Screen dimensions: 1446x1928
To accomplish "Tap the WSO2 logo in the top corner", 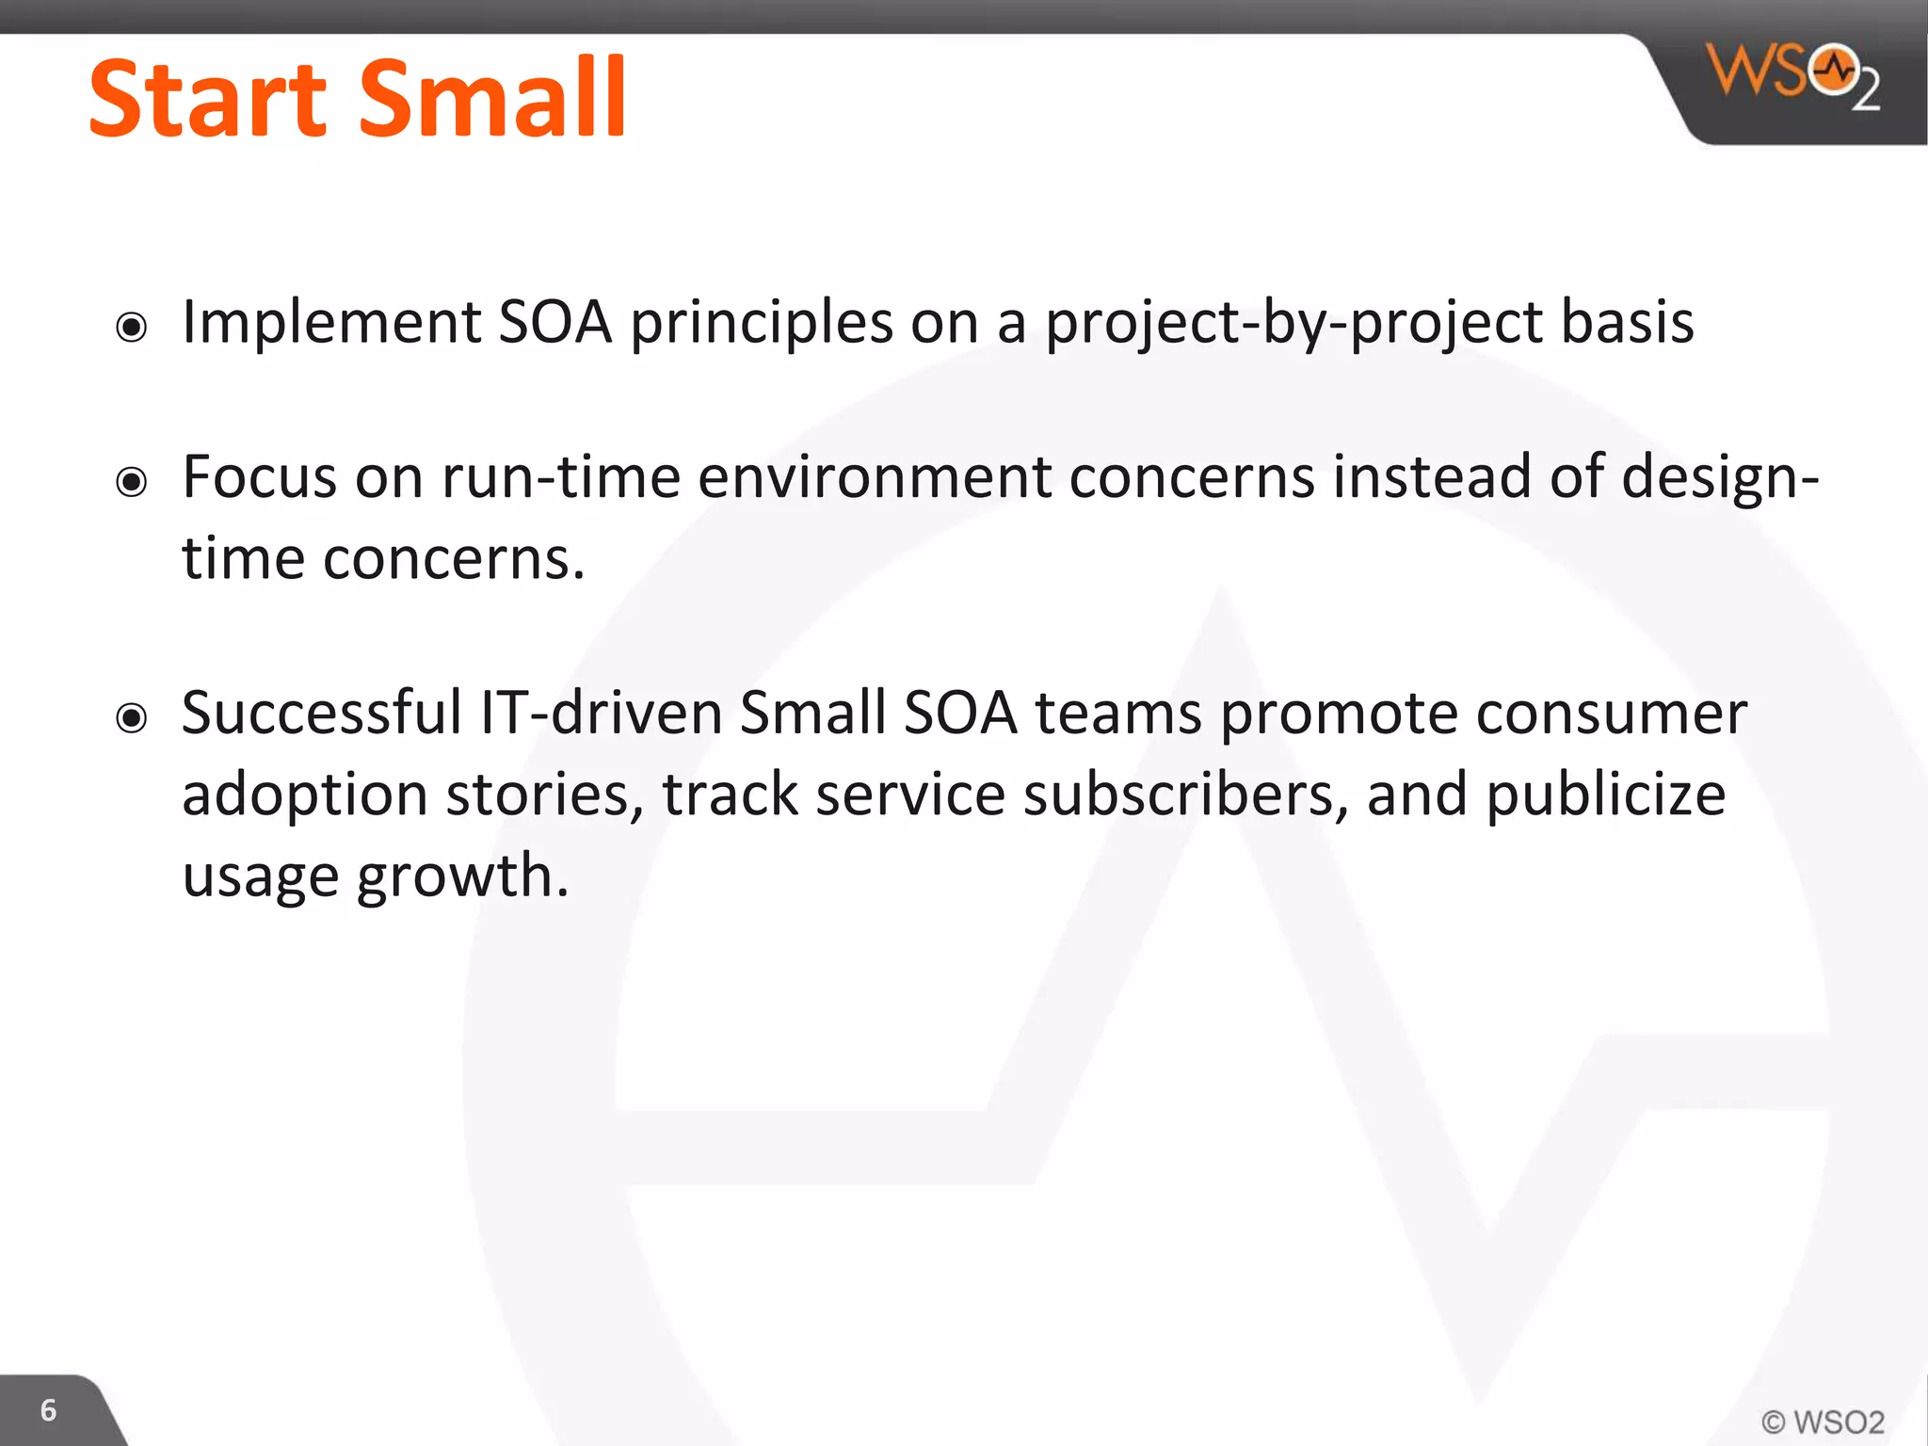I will point(1791,75).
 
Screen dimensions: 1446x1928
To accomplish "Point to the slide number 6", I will point(48,1409).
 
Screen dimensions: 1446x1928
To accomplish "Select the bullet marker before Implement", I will point(132,328).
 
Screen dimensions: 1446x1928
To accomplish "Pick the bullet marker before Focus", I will point(132,482).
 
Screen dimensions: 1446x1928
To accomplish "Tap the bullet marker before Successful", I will point(132,718).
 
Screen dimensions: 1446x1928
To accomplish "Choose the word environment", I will point(874,477).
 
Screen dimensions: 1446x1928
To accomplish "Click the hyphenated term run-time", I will point(560,477).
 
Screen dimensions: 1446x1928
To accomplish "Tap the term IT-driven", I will point(601,713).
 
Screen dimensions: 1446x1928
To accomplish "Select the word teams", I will point(1118,714).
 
